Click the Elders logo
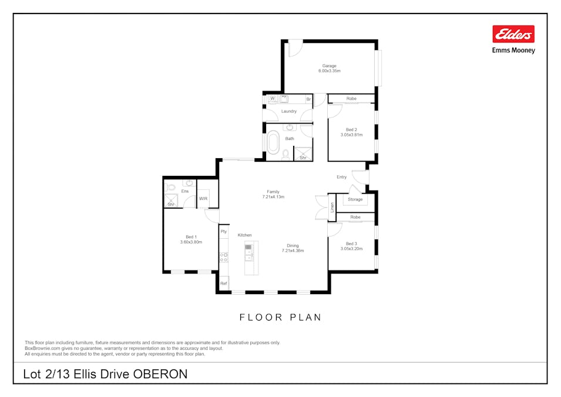(x=513, y=34)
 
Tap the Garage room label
(x=329, y=66)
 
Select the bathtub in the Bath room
(x=273, y=142)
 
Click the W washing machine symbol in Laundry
(x=272, y=99)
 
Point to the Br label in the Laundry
(x=308, y=99)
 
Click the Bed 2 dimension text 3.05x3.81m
(x=351, y=135)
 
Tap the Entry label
(x=341, y=177)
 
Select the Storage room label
(x=355, y=199)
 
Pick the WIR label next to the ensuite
(x=203, y=199)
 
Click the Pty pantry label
(x=224, y=232)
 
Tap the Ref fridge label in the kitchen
(x=224, y=283)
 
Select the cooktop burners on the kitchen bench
(x=224, y=256)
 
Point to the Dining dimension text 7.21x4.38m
(x=293, y=251)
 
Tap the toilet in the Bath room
(x=285, y=154)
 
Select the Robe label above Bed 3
(x=355, y=217)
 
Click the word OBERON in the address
(x=160, y=374)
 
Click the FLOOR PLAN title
(x=280, y=318)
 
